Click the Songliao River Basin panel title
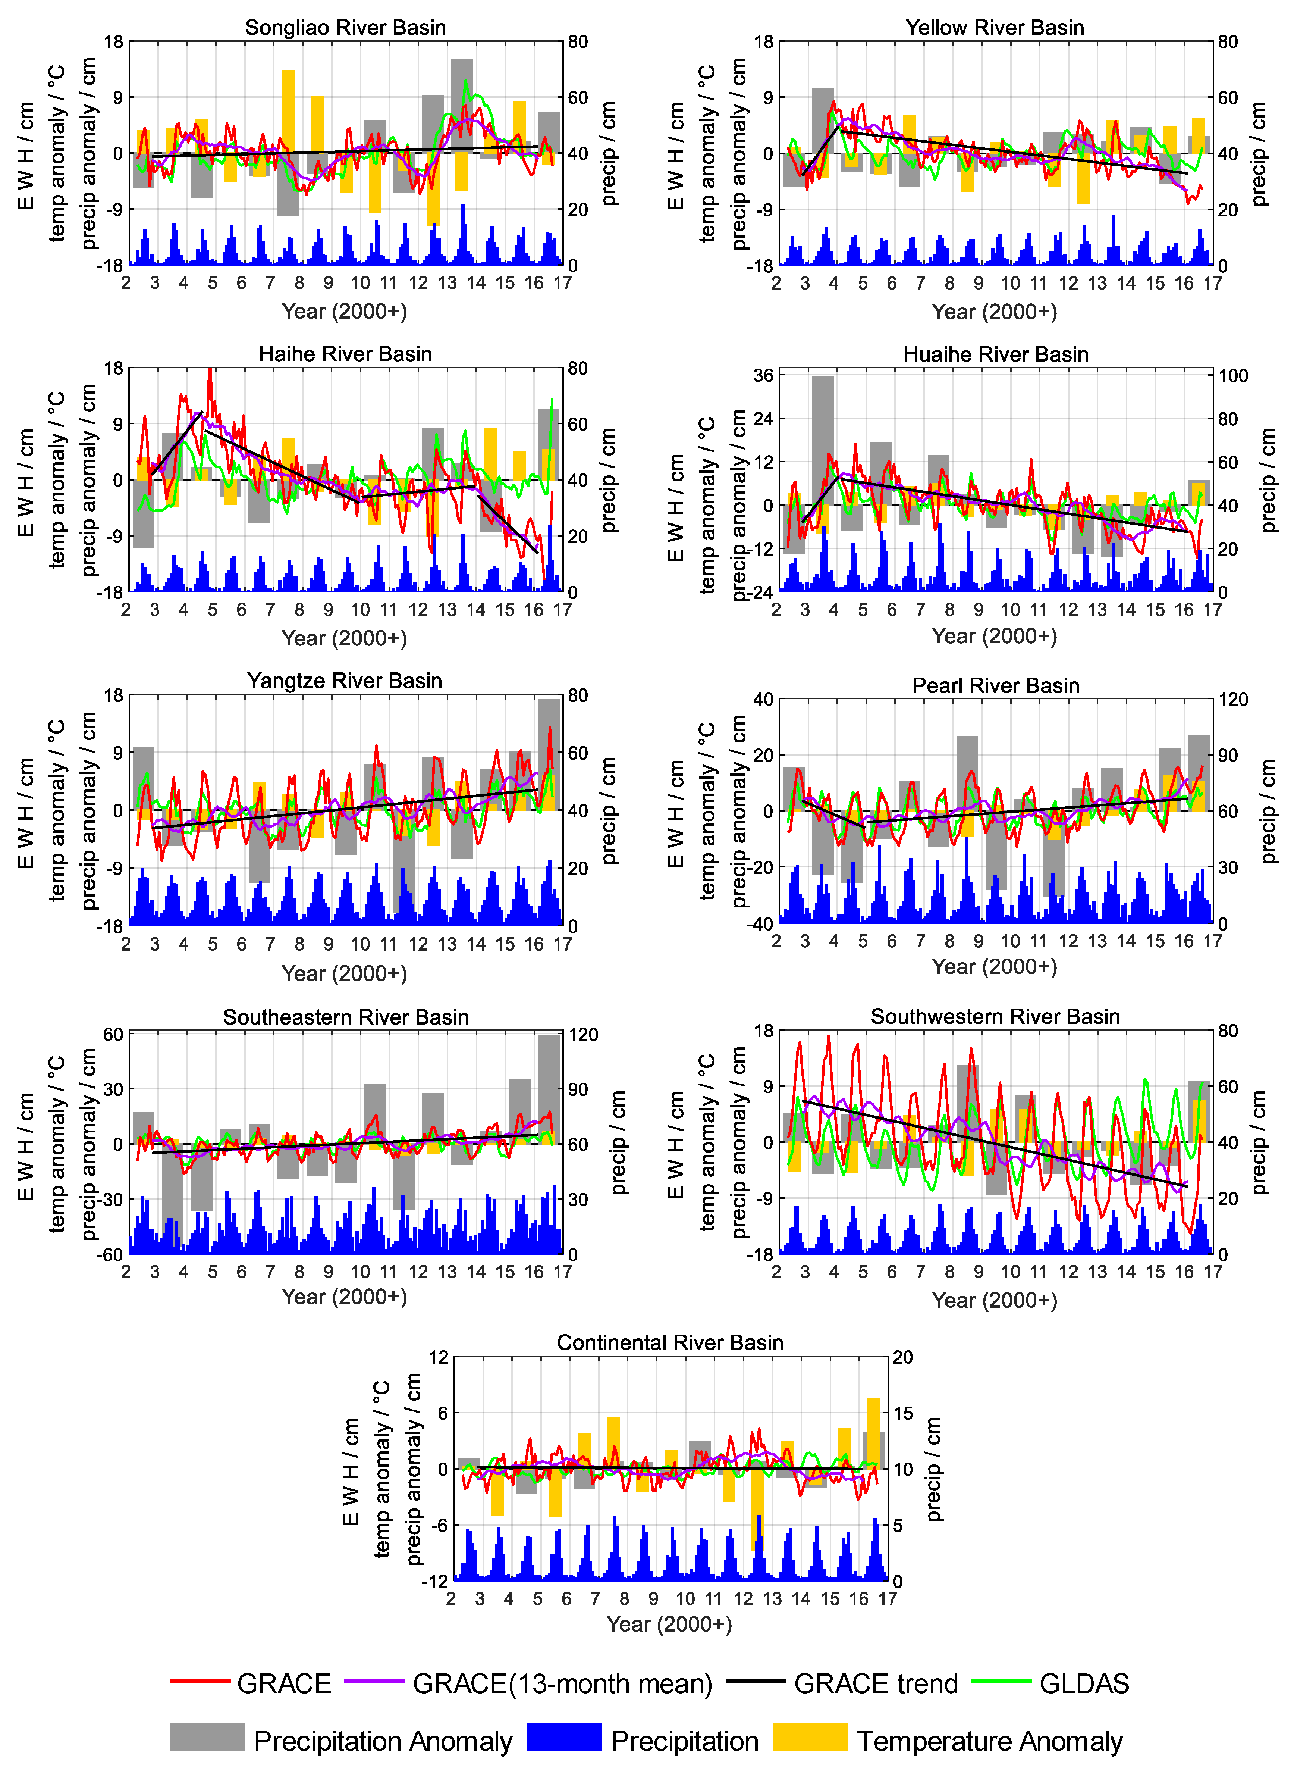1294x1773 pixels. click(345, 27)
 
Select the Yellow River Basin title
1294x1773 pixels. click(995, 27)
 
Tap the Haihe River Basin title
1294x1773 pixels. click(345, 354)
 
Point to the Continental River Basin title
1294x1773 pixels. click(670, 1342)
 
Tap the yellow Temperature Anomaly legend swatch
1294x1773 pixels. click(810, 1737)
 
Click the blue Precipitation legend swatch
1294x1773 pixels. click(564, 1737)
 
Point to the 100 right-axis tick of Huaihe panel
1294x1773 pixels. click(1233, 376)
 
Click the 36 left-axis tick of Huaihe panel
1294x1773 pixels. click(764, 376)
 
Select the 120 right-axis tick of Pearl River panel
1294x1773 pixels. click(1233, 700)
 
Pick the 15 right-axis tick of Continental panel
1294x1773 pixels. click(903, 1413)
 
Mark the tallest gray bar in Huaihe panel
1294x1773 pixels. click(823, 439)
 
